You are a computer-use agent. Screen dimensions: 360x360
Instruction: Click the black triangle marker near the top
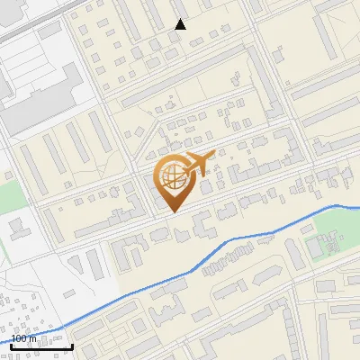(181, 24)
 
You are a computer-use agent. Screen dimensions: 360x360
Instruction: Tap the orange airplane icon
(198, 164)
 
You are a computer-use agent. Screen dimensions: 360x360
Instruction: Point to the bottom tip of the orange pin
(171, 211)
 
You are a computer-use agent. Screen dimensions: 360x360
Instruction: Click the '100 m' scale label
(23, 338)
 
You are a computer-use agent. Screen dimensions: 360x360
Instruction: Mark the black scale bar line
(40, 346)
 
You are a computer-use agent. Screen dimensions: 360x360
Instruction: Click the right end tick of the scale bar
(72, 345)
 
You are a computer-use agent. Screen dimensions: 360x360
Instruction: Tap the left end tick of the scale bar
(10, 345)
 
